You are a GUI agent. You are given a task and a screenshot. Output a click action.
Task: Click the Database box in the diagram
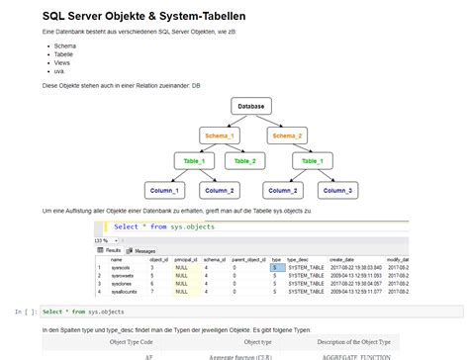(x=251, y=106)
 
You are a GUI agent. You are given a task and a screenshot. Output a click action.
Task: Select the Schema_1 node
(x=220, y=135)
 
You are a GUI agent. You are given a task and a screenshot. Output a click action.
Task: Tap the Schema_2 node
(x=288, y=135)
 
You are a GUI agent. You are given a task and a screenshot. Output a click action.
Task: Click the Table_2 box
(x=244, y=160)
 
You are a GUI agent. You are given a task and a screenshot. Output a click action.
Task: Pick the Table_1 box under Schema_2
(x=313, y=160)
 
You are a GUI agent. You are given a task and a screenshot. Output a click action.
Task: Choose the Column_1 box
(x=164, y=189)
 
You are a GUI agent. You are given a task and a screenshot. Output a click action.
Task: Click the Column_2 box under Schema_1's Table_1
(x=220, y=189)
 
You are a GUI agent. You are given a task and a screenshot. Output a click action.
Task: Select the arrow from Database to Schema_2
(x=272, y=121)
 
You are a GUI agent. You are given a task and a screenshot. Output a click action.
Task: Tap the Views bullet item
(x=62, y=64)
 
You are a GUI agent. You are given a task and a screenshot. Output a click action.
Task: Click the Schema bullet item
(x=65, y=46)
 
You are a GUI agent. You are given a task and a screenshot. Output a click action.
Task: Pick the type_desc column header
(x=300, y=260)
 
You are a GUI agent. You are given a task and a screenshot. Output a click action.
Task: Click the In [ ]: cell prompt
(x=27, y=312)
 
